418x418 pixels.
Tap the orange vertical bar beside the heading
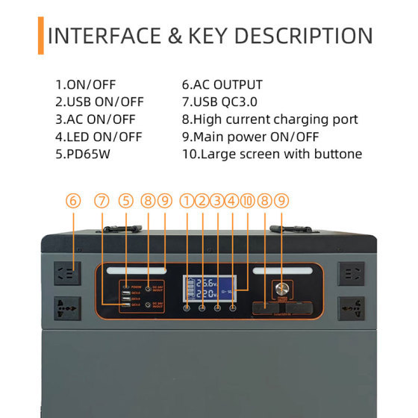tap(40, 36)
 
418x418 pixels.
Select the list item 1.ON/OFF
tap(87, 85)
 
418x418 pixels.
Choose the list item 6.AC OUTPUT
tap(222, 85)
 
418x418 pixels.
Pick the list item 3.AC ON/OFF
tap(97, 119)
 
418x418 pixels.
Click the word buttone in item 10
tap(336, 154)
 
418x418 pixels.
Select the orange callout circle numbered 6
tap(72, 200)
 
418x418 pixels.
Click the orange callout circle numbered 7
tap(102, 200)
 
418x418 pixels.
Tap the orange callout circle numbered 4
tap(232, 200)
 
